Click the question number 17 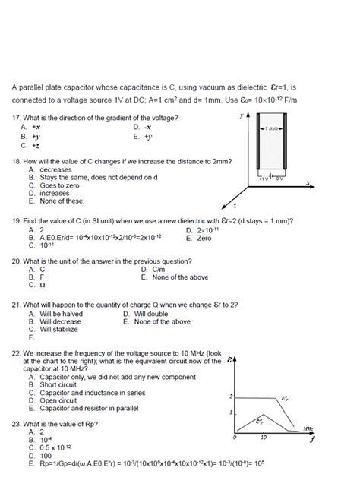(x=17, y=118)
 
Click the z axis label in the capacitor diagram (x=235, y=205)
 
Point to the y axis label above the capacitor (x=241, y=115)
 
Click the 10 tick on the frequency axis (x=263, y=438)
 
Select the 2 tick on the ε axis (x=231, y=397)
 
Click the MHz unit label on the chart (x=308, y=428)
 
